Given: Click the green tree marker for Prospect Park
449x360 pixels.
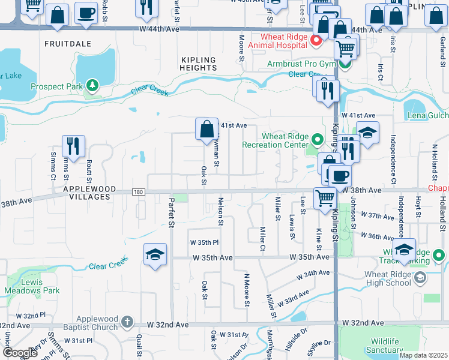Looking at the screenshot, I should point(92,86).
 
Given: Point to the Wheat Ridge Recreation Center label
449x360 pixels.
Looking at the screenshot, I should point(276,140).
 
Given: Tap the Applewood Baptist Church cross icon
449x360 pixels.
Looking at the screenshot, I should point(126,322).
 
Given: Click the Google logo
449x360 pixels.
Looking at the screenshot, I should point(20,353).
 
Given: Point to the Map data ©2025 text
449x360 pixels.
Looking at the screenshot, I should point(423,355).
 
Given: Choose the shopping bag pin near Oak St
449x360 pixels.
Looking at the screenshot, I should point(206,128).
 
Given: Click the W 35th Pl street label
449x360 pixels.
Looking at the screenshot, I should point(204,243).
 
